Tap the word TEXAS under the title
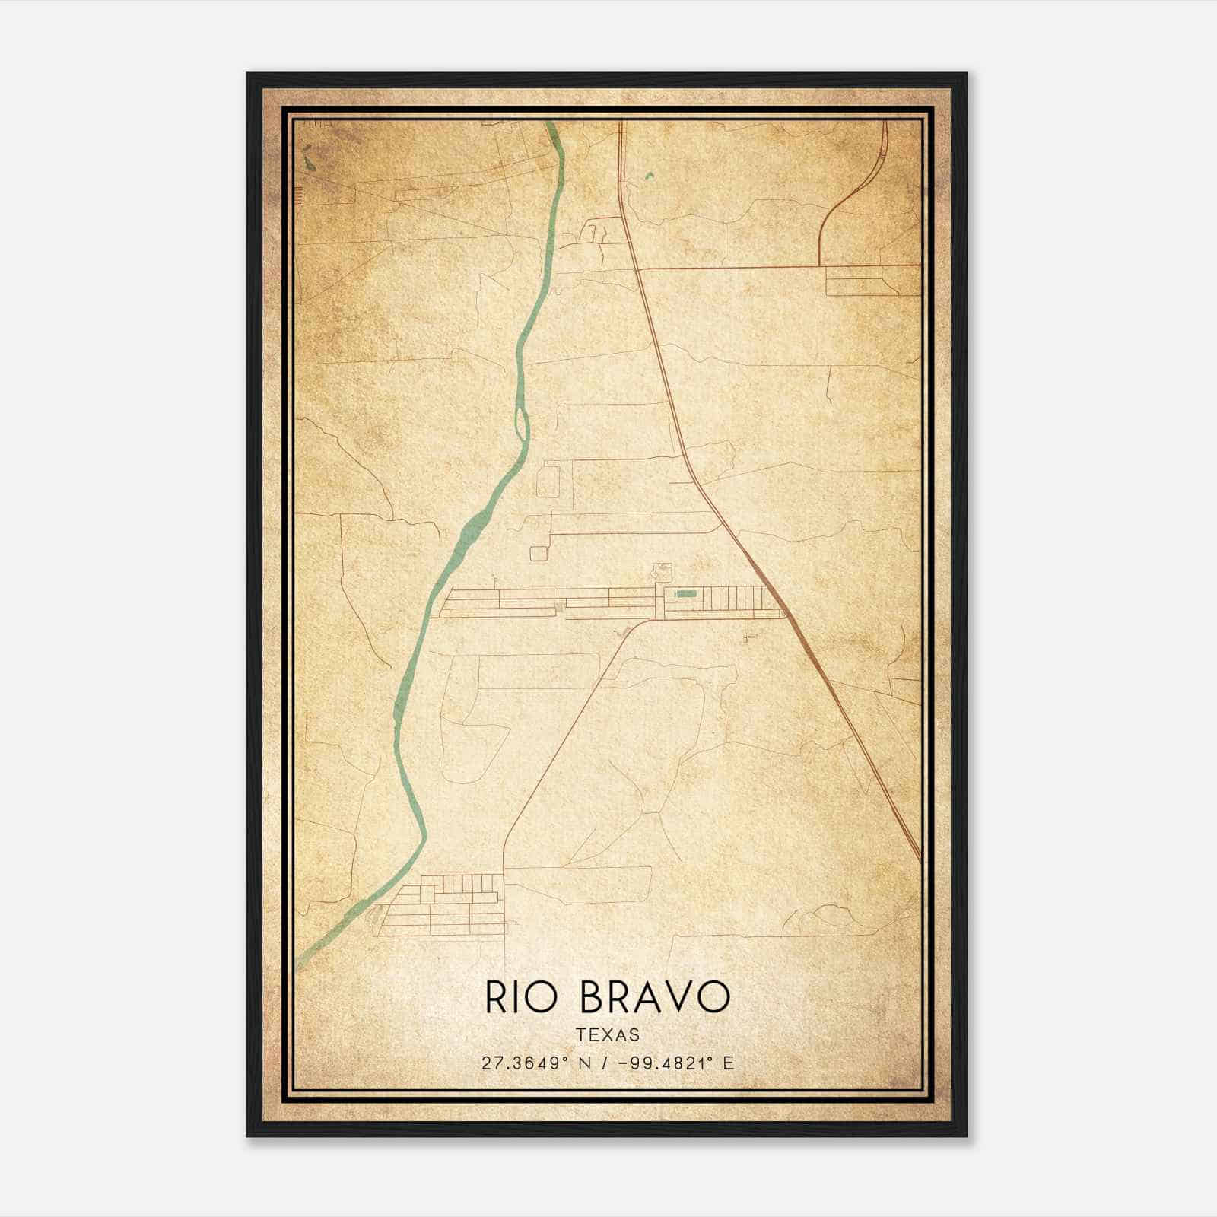click(x=608, y=1034)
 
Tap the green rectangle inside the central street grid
click(x=686, y=593)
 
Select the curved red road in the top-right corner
click(x=852, y=190)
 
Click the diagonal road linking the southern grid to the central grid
click(x=563, y=745)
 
